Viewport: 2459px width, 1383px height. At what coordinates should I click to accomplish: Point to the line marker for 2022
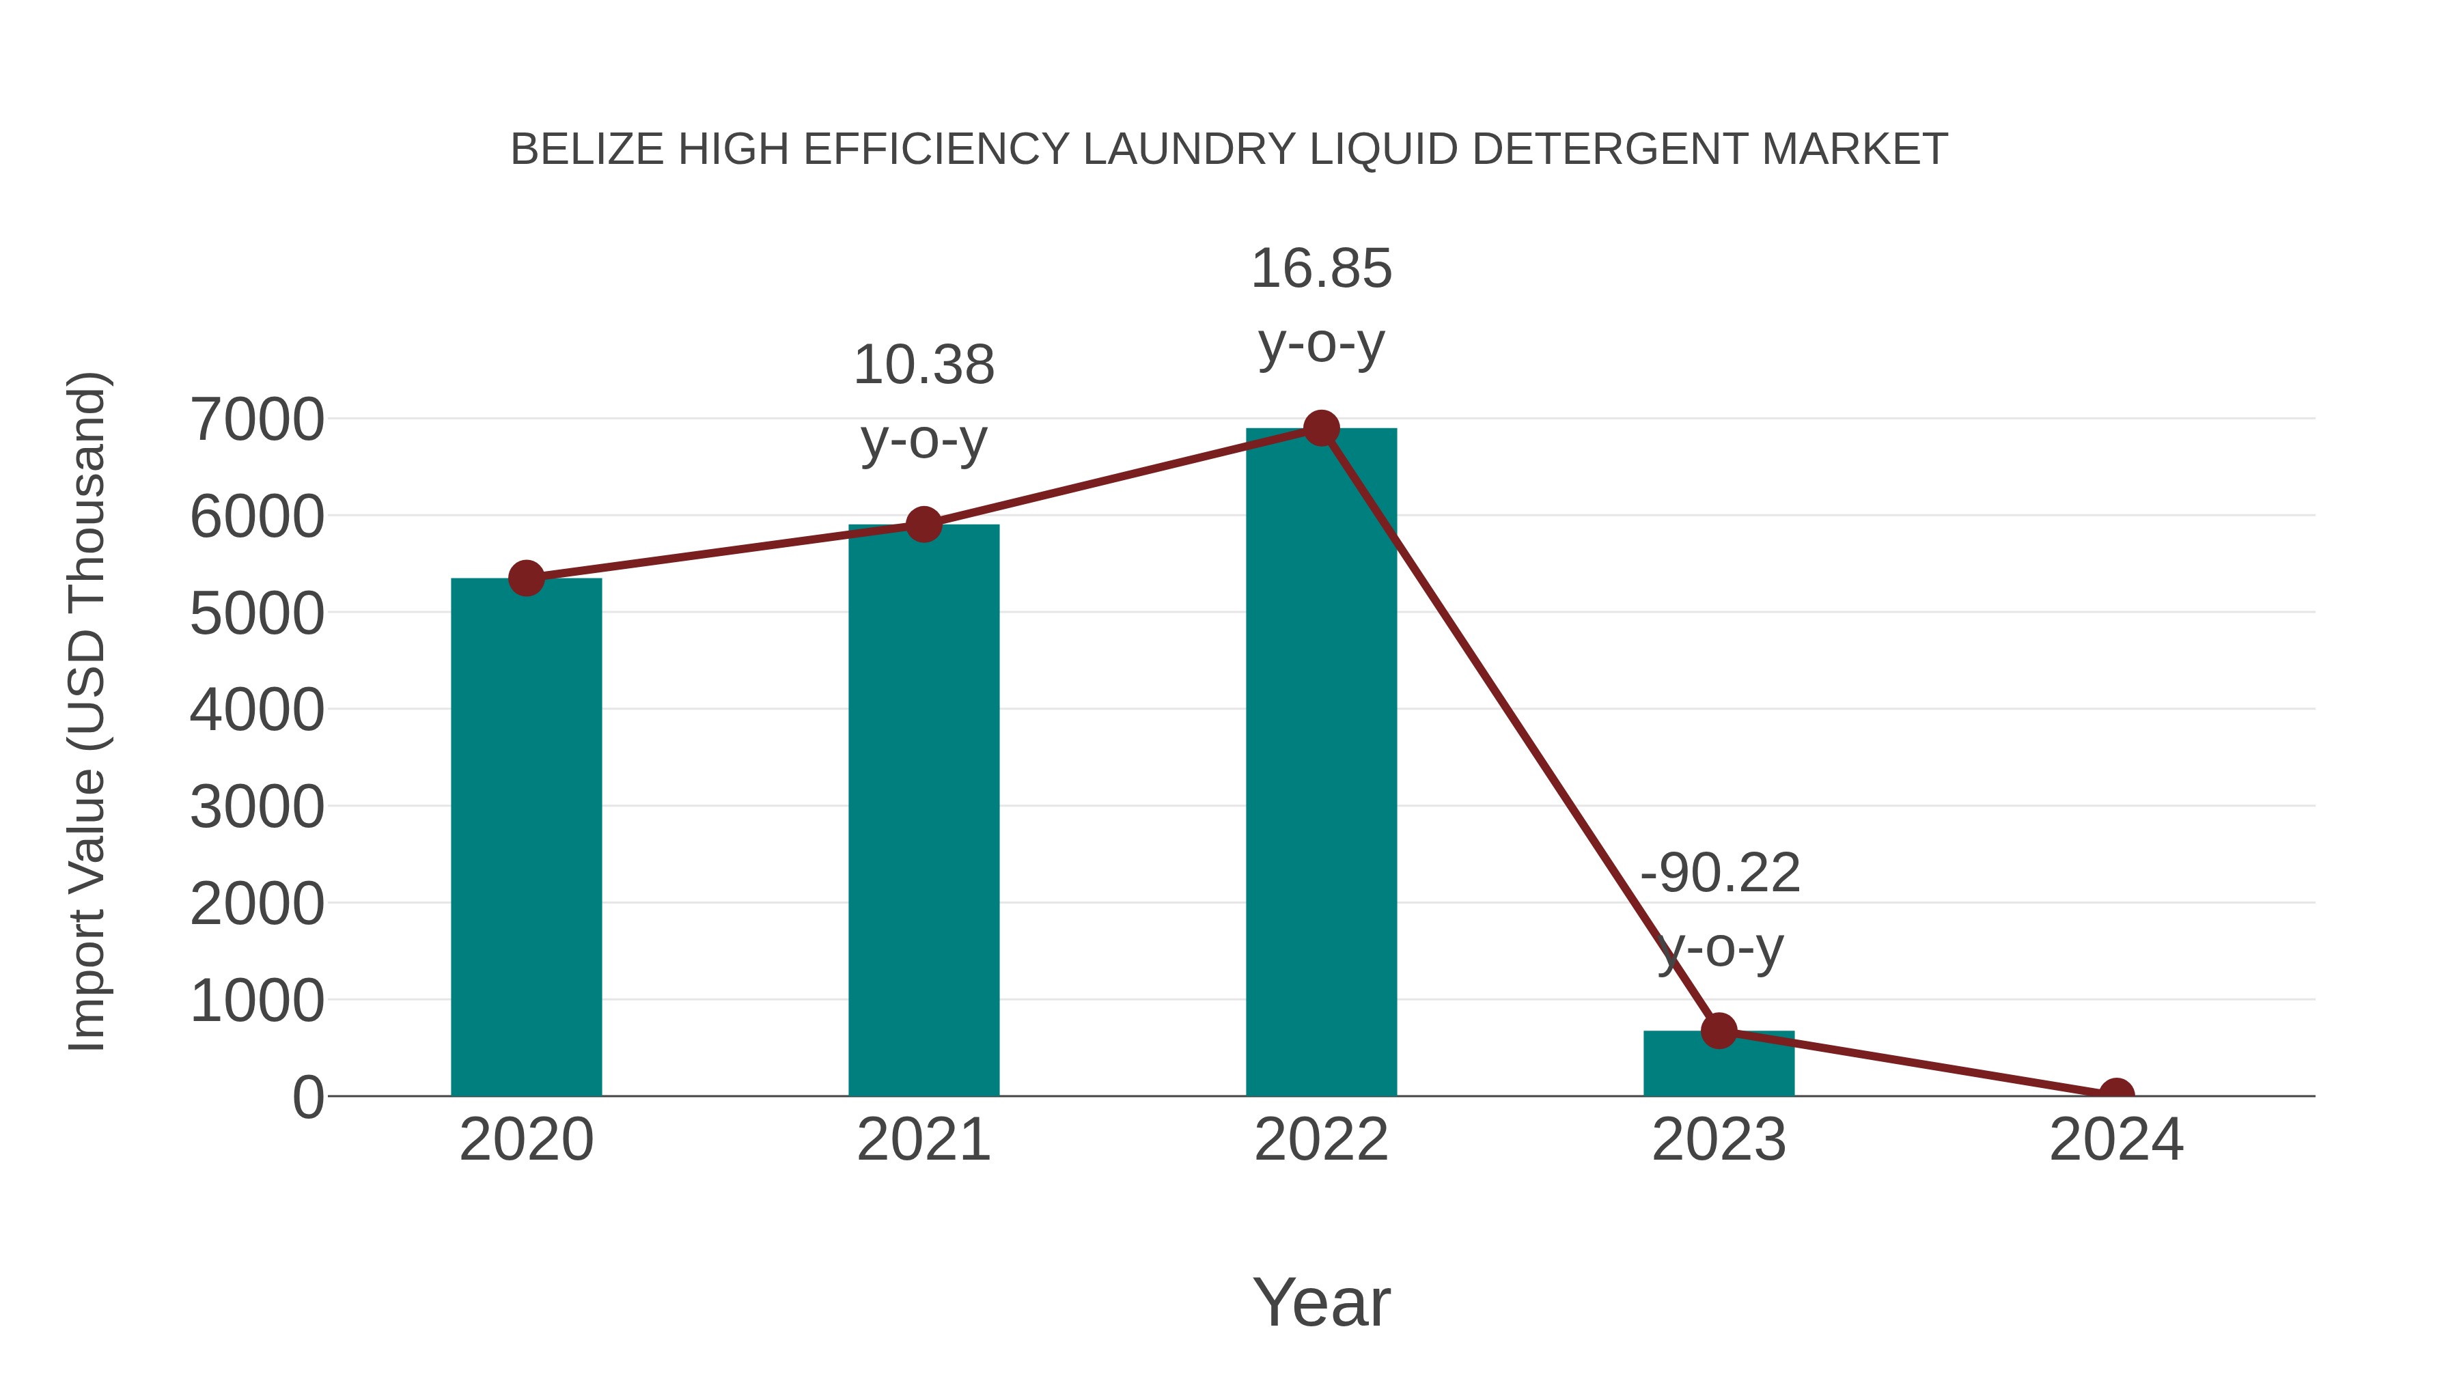pos(1320,428)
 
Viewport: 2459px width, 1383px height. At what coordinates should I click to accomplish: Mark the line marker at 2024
pos(2115,1094)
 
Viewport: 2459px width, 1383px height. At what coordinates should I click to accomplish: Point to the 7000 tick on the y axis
pos(257,419)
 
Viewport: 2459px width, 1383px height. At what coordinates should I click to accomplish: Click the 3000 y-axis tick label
pos(257,807)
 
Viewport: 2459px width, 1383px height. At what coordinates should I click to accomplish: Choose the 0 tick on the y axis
pos(307,1097)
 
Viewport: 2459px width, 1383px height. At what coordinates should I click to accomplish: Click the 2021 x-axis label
pos(923,1140)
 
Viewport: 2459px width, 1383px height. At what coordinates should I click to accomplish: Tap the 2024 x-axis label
pos(2115,1140)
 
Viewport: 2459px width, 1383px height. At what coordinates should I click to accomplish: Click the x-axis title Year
pos(1320,1302)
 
